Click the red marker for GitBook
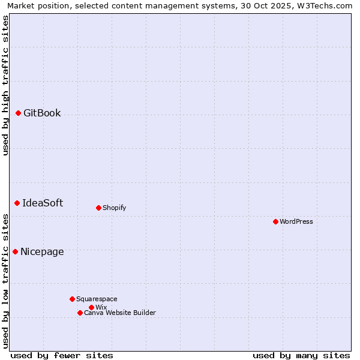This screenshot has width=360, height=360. (x=18, y=113)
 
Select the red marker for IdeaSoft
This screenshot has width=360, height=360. (x=17, y=203)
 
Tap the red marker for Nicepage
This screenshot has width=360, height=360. (x=15, y=251)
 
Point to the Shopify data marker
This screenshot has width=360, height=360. (x=98, y=208)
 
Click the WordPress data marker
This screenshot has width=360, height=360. (x=275, y=221)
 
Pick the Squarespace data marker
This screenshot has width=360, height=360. (x=72, y=299)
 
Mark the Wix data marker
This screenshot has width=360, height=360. (x=91, y=307)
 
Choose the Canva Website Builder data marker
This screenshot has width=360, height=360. (x=80, y=313)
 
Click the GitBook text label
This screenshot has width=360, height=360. (x=42, y=113)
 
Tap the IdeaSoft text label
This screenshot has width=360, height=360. (x=43, y=203)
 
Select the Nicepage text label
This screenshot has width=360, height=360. (x=42, y=251)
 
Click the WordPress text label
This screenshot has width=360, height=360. (x=296, y=221)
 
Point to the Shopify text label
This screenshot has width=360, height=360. (x=114, y=208)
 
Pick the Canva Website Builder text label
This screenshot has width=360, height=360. (x=120, y=313)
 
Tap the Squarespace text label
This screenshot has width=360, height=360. (x=97, y=299)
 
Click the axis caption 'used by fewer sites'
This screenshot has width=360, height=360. (x=62, y=355)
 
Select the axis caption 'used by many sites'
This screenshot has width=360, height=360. (x=301, y=355)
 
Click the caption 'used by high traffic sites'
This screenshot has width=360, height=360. (x=5, y=85)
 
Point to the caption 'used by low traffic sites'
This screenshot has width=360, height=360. (x=5, y=280)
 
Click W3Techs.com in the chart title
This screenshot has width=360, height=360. (x=325, y=5)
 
